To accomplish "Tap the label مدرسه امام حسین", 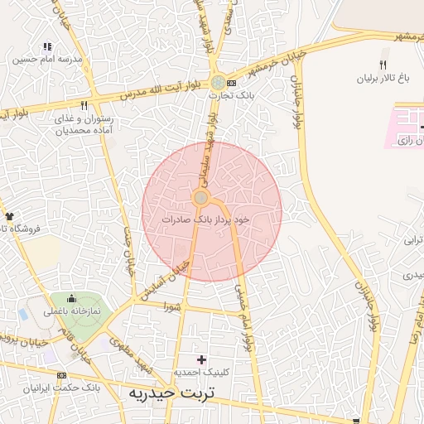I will tap(47, 60).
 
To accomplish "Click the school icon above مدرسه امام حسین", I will tap(47, 46).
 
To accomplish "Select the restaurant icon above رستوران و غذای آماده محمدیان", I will tap(84, 105).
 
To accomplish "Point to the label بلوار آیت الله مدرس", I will tap(166, 90).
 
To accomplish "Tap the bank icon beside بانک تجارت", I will tap(231, 83).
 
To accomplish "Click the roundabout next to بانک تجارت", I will tap(217, 83).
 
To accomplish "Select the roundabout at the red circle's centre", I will tap(200, 197).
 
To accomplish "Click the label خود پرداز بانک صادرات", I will tap(207, 220).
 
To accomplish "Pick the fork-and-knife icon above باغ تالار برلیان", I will tap(383, 65).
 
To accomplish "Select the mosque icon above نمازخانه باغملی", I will tap(70, 298).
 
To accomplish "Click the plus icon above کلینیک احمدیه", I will tap(201, 359).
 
